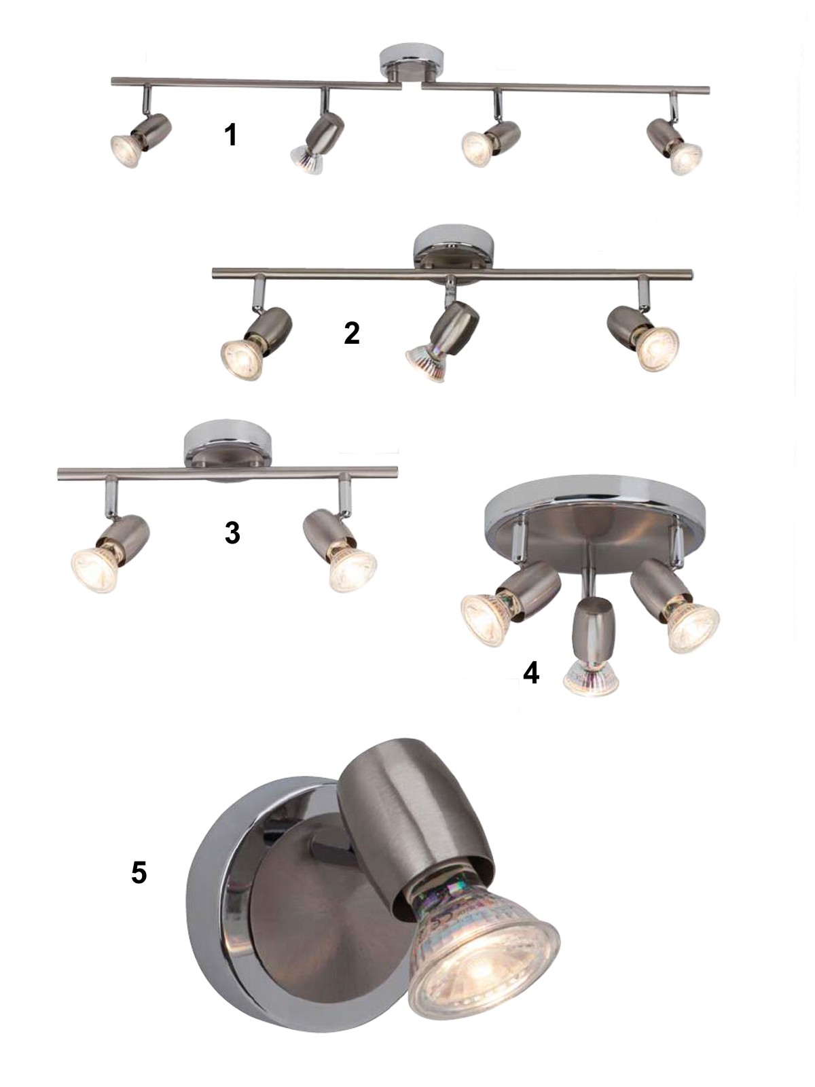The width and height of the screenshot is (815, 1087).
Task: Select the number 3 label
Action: point(232,533)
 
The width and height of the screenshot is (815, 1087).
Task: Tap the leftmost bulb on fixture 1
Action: point(126,151)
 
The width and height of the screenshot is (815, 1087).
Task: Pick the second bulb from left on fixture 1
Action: point(306,160)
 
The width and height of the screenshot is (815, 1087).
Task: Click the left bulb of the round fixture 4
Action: point(488,621)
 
